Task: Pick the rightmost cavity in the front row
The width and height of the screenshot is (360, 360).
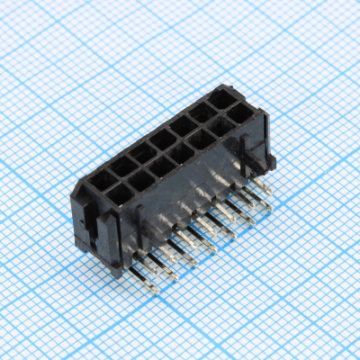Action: coord(241,113)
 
